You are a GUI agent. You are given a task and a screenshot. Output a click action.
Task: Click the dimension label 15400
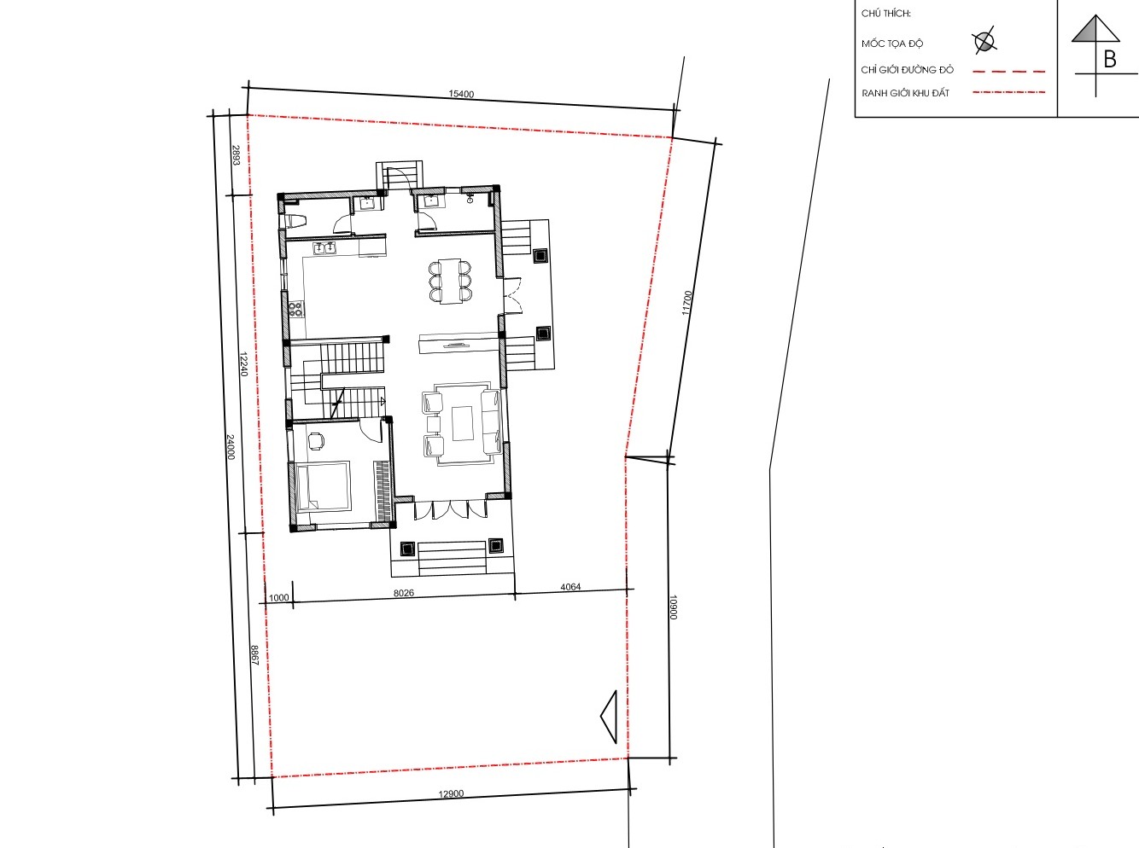(x=461, y=94)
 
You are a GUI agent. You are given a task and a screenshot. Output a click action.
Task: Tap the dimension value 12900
(x=451, y=793)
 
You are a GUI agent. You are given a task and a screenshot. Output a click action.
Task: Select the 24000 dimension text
(x=231, y=447)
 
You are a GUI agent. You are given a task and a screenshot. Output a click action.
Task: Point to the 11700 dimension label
(x=687, y=303)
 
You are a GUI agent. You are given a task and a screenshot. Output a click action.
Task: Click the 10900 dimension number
(x=674, y=607)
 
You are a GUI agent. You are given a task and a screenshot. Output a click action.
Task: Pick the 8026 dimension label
(x=404, y=593)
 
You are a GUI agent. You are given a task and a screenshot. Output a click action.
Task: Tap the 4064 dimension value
(x=570, y=587)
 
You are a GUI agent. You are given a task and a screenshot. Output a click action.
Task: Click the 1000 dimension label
(x=279, y=597)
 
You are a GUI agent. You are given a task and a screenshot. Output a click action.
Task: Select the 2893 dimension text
(x=236, y=155)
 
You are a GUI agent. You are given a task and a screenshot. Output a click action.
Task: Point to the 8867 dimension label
(x=254, y=655)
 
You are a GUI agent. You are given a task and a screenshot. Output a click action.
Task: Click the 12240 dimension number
(x=243, y=364)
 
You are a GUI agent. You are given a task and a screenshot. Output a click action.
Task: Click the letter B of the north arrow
(x=1110, y=60)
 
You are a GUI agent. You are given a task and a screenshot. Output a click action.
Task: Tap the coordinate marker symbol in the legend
(x=984, y=41)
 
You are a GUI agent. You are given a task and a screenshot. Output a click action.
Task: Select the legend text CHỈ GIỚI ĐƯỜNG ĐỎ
(x=908, y=70)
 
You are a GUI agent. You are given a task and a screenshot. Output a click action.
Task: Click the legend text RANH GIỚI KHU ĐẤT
(x=905, y=94)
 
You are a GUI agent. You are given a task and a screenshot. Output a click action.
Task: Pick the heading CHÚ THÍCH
(x=886, y=14)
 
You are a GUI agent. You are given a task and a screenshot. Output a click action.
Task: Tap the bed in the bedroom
(x=323, y=486)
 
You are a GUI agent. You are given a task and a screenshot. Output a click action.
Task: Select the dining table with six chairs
(x=450, y=282)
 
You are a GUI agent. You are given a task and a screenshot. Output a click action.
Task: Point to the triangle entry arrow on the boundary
(x=609, y=717)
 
